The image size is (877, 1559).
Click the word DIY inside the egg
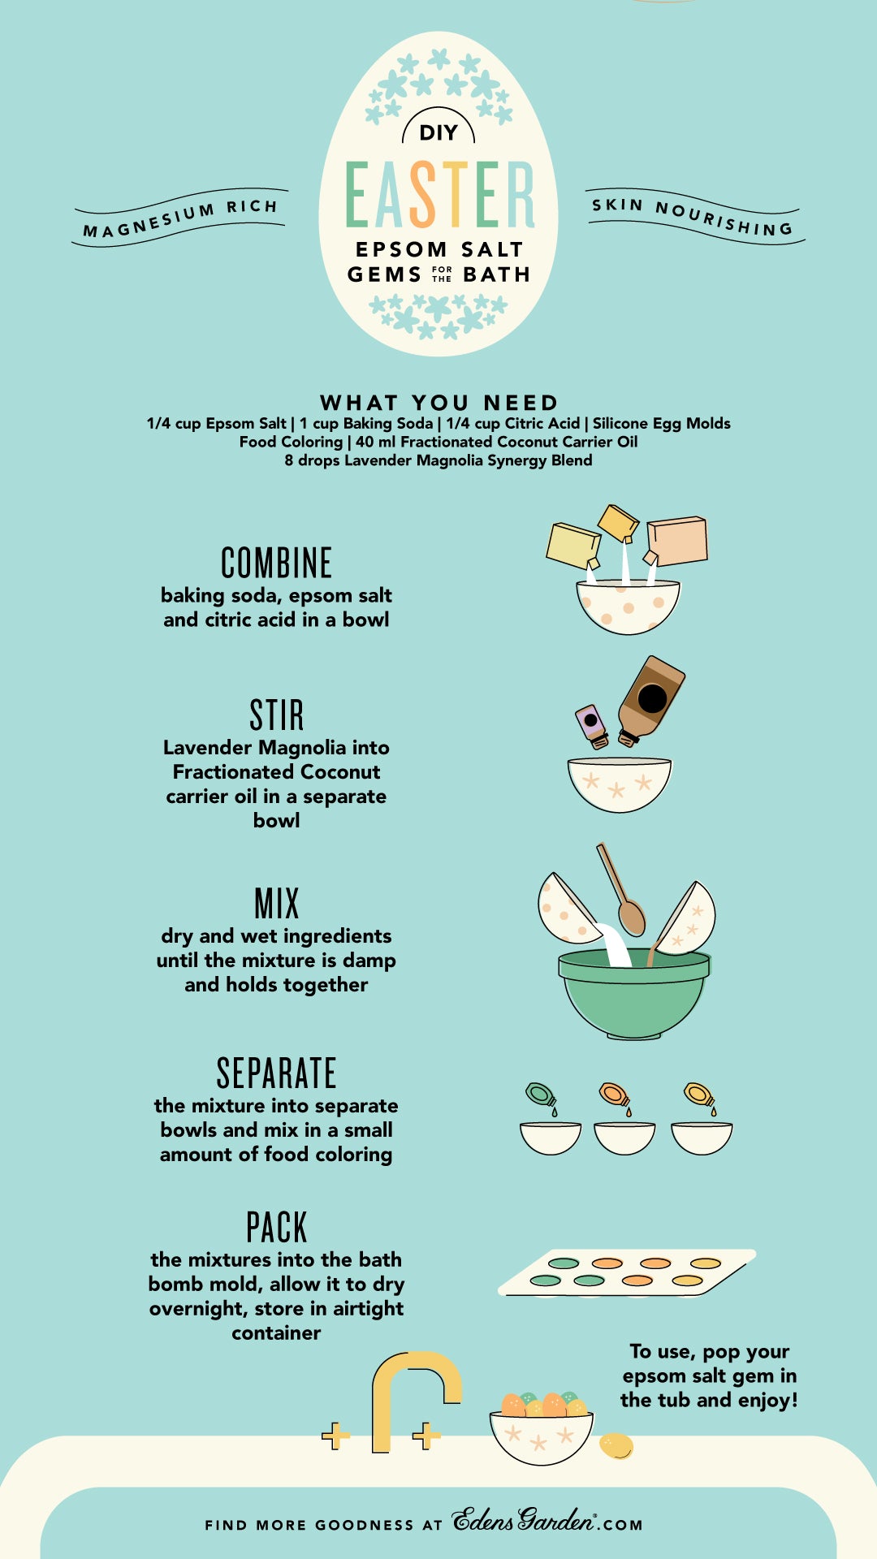click(438, 132)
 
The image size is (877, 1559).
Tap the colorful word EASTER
click(439, 195)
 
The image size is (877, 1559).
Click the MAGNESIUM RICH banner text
click(180, 218)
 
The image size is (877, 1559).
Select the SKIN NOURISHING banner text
click(693, 216)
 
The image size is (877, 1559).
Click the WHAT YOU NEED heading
click(438, 402)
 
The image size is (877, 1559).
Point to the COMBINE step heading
click(276, 563)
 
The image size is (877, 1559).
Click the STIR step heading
click(276, 715)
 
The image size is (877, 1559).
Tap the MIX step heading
click(276, 903)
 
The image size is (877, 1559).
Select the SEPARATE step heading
click(276, 1073)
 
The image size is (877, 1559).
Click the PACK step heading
click(276, 1227)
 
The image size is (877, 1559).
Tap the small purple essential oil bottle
click(592, 725)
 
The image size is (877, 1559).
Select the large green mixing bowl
click(633, 995)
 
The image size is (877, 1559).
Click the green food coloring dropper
click(540, 1095)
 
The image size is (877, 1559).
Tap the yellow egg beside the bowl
click(616, 1446)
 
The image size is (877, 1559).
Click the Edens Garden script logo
click(525, 1520)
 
